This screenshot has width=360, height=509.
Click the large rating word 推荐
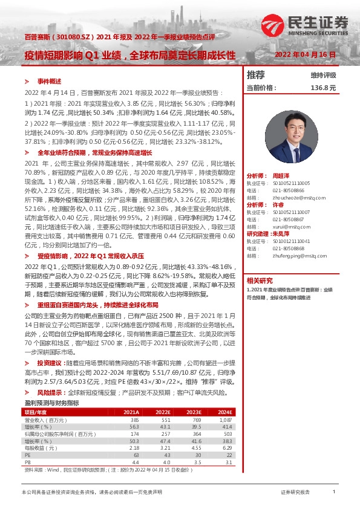[x=256, y=75]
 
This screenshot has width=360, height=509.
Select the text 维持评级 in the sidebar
[x=323, y=76]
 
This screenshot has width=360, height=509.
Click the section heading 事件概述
[x=50, y=81]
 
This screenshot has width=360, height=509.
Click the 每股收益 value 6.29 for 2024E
[x=227, y=448]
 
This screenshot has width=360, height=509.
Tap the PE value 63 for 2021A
[x=136, y=455]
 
